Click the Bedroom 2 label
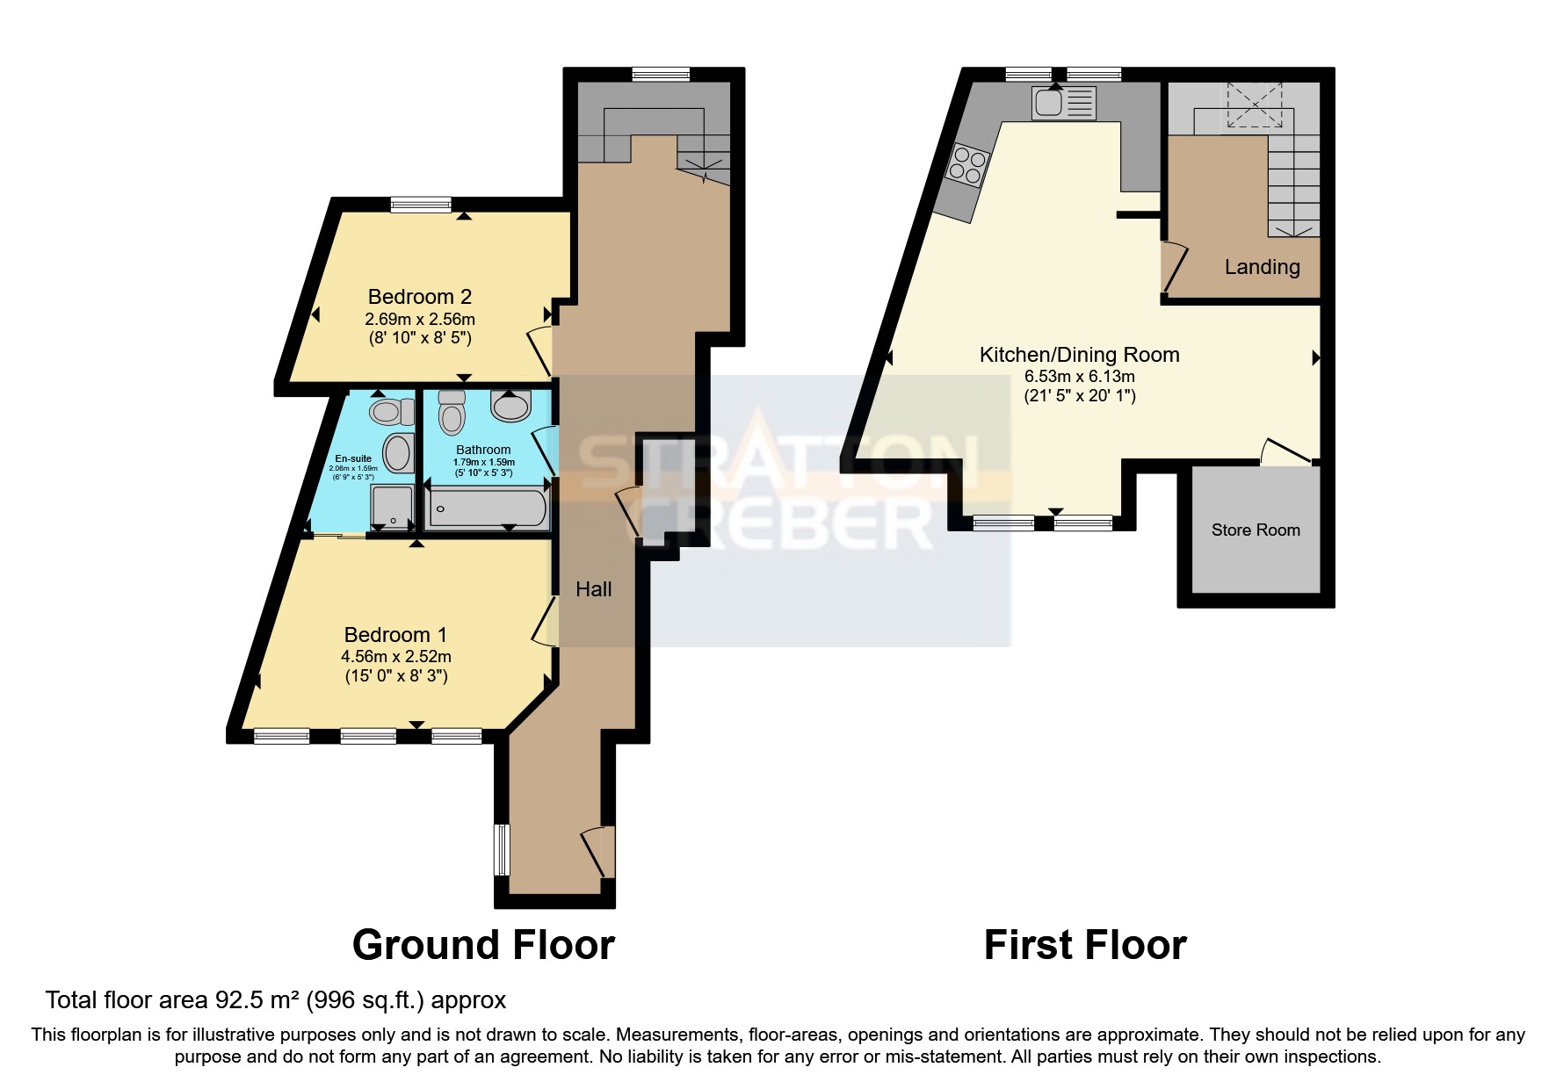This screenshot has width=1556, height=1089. pyautogui.click(x=419, y=297)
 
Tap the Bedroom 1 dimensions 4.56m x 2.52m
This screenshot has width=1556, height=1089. pyautogui.click(x=396, y=656)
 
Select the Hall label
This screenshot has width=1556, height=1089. pyautogui.click(x=593, y=589)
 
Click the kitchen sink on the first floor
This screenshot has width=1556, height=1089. pyautogui.click(x=1064, y=102)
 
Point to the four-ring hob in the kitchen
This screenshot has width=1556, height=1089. pyautogui.click(x=966, y=166)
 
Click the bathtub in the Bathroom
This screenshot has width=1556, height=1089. pyautogui.click(x=487, y=508)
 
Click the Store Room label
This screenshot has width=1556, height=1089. pyautogui.click(x=1255, y=530)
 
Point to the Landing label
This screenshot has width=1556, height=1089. pyautogui.click(x=1262, y=267)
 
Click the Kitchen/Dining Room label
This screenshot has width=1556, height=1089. pyautogui.click(x=1079, y=355)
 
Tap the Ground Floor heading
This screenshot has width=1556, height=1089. pyautogui.click(x=483, y=945)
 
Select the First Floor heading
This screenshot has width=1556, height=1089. pyautogui.click(x=1084, y=945)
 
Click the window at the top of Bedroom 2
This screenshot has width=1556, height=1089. pyautogui.click(x=421, y=204)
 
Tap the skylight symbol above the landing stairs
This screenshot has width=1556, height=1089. pyautogui.click(x=1255, y=105)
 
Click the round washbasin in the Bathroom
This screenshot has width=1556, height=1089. pyautogui.click(x=510, y=406)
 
